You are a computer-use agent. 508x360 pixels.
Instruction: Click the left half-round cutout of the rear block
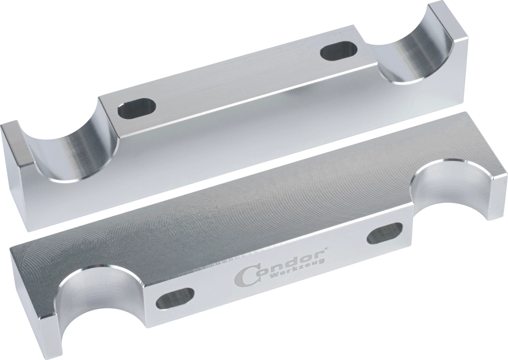[x=75, y=145]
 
